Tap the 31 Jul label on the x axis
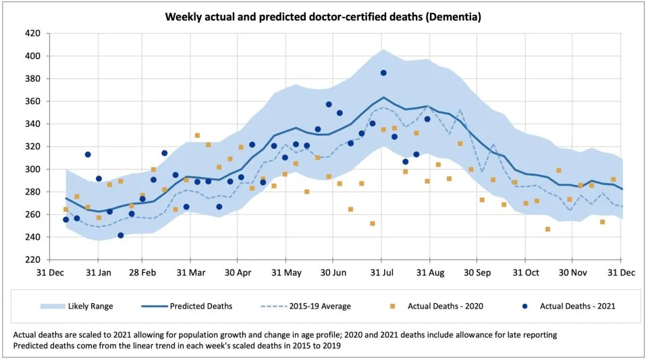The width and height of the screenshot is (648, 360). [382, 273]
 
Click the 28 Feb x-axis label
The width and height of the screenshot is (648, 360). [142, 273]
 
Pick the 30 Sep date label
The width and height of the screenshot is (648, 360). [477, 273]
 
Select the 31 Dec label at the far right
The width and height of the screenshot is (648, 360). [621, 273]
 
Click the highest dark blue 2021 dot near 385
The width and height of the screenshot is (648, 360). [383, 73]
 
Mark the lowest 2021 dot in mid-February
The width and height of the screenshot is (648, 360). [120, 235]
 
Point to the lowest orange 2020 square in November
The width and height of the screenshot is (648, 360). [547, 229]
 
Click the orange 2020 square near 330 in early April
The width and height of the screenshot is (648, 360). [197, 135]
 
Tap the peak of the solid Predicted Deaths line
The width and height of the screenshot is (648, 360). [383, 97]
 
